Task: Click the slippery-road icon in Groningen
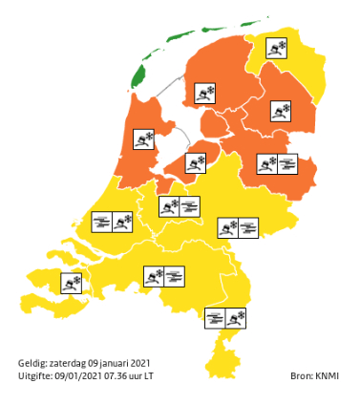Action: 277,48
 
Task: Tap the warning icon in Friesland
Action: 205,94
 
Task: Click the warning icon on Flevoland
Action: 196,162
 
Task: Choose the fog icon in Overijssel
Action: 287,164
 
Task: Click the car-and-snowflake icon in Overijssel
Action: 266,164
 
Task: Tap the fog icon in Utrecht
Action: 190,206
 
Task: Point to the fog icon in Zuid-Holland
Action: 102,223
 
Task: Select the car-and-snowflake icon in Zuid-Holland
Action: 122,223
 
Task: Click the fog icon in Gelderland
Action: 248,227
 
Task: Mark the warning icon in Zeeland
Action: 71,283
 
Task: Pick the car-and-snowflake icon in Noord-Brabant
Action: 153,277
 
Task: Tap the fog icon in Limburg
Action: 216,317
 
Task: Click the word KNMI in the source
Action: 327,376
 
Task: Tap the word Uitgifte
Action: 36,376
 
